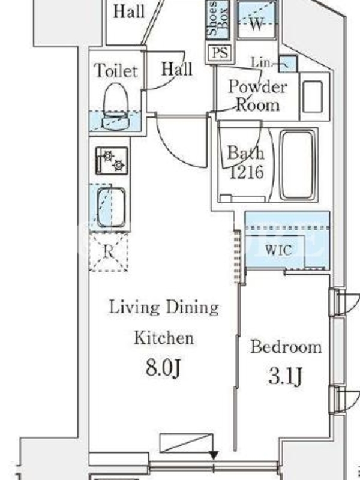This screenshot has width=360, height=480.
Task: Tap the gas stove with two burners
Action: [112, 161]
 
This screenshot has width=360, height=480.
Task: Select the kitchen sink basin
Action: [111, 207]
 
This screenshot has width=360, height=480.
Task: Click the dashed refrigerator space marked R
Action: [108, 252]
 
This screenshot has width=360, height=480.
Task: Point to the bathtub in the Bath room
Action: [298, 166]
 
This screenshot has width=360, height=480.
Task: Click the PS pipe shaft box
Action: [220, 53]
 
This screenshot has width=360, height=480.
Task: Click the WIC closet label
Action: [278, 251]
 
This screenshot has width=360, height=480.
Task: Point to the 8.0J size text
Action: [163, 367]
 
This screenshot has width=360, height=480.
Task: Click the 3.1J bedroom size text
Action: [286, 376]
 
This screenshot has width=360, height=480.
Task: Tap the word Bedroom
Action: [286, 347]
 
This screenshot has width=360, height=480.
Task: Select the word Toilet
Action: [116, 70]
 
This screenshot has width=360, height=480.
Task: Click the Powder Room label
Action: [258, 96]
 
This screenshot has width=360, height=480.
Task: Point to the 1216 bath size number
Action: [247, 172]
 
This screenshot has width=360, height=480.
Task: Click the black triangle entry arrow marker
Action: [214, 455]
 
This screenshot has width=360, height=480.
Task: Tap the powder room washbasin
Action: [313, 97]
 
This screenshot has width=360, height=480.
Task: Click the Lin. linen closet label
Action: [262, 62]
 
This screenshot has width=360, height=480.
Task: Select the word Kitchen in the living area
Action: [164, 338]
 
